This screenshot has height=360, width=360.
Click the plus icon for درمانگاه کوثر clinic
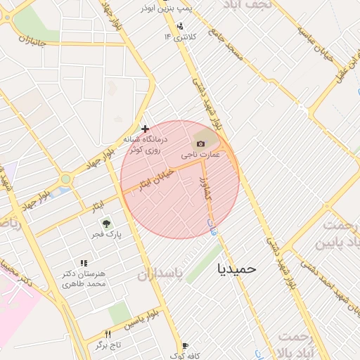(145, 129)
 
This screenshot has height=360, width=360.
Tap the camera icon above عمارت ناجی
(201, 143)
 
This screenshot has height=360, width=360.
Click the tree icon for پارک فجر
(104, 223)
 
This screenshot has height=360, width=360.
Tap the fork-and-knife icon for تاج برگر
(108, 334)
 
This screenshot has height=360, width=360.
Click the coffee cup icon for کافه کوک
(185, 345)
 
